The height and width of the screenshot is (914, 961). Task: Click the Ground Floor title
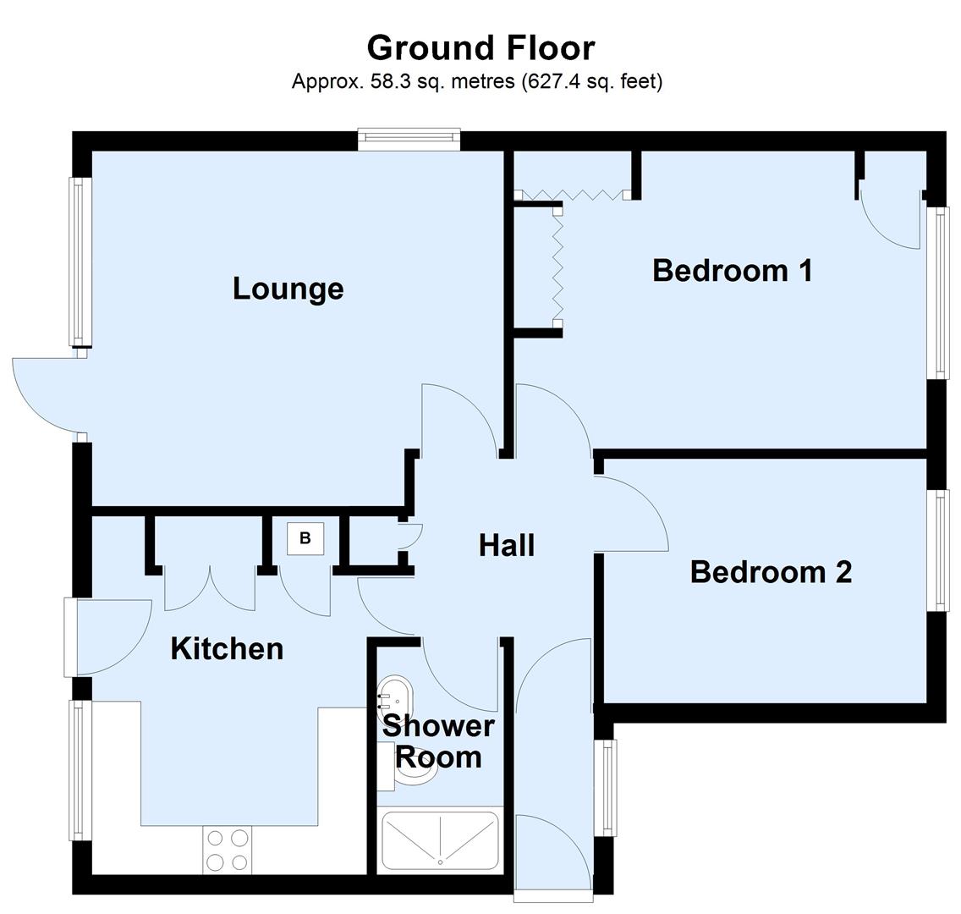(x=480, y=47)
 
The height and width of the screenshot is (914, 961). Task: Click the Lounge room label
(x=288, y=289)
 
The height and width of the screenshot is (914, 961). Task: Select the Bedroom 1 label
(x=732, y=271)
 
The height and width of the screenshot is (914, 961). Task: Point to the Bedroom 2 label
(x=771, y=572)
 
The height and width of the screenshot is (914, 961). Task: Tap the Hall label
(x=506, y=545)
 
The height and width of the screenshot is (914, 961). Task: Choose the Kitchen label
(x=227, y=649)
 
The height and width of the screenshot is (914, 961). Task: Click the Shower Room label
(x=438, y=741)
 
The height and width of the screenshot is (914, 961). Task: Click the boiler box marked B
(x=305, y=538)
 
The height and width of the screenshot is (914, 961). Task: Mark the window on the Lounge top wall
(x=408, y=140)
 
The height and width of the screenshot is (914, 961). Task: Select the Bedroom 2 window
(x=936, y=550)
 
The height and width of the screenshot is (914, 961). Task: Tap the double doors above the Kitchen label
(x=209, y=588)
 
